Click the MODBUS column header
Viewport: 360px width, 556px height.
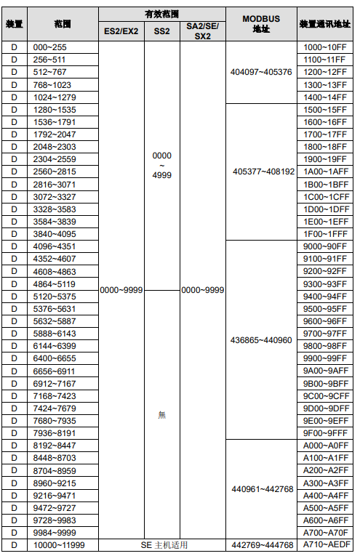pyautogui.click(x=261, y=24)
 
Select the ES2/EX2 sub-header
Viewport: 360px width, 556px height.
pyautogui.click(x=121, y=31)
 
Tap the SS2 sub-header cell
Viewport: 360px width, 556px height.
pyautogui.click(x=161, y=31)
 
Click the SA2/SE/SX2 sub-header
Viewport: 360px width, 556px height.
pyautogui.click(x=202, y=31)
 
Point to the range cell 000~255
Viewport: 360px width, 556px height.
pyautogui.click(x=49, y=47)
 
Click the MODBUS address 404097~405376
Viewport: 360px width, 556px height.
pyautogui.click(x=261, y=72)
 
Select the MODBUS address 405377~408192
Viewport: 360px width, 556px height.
pyautogui.click(x=263, y=172)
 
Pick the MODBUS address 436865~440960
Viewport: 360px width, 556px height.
pyautogui.click(x=261, y=340)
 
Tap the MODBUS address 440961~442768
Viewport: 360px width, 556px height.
pyautogui.click(x=263, y=489)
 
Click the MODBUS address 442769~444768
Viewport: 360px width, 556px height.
pyautogui.click(x=263, y=544)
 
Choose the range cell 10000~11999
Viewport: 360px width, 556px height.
pyautogui.click(x=59, y=545)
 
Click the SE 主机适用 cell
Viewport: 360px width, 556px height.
pyautogui.click(x=164, y=544)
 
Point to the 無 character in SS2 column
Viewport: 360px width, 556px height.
pyautogui.click(x=161, y=414)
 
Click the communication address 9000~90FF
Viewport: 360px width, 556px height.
pyautogui.click(x=325, y=246)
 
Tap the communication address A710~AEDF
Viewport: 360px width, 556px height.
pyautogui.click(x=327, y=544)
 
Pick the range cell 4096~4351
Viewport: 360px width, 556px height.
pyautogui.click(x=55, y=246)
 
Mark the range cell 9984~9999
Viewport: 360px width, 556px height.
pyautogui.click(x=55, y=533)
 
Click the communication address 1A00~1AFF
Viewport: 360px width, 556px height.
pyautogui.click(x=326, y=172)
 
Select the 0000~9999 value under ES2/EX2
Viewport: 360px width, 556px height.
pyautogui.click(x=121, y=290)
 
